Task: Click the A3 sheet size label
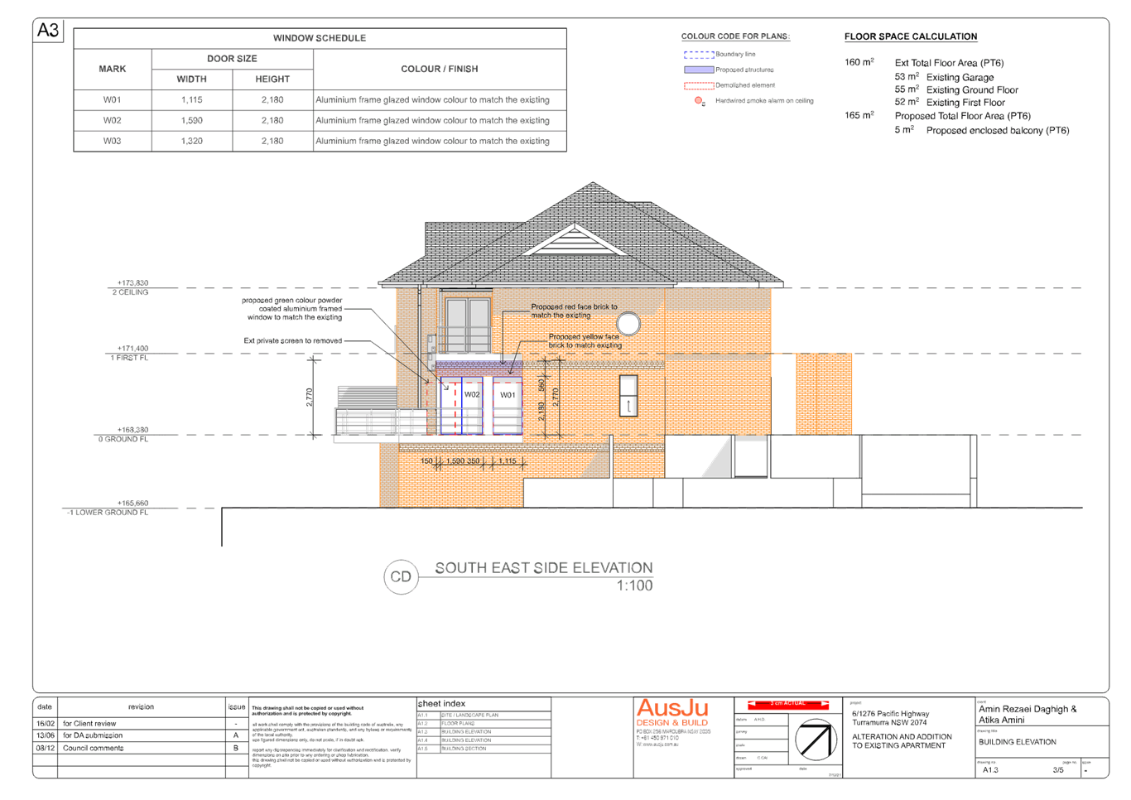click(x=48, y=31)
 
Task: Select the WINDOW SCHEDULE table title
click(x=320, y=38)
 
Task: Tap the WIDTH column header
click(x=191, y=80)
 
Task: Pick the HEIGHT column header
click(x=272, y=80)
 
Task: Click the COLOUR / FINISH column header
click(x=440, y=69)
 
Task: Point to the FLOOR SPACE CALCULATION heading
click(x=911, y=37)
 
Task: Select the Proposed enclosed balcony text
click(x=997, y=131)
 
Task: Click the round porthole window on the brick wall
click(x=628, y=324)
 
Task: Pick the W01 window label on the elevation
click(x=507, y=395)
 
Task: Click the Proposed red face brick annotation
click(x=574, y=311)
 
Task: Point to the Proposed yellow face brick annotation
click(x=584, y=340)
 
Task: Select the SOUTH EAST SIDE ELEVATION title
click(x=543, y=568)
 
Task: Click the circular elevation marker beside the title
click(x=402, y=576)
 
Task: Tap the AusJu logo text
click(x=672, y=709)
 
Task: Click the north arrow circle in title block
click(x=816, y=740)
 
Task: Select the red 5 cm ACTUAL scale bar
click(x=787, y=704)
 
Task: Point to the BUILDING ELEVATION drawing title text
click(x=1017, y=742)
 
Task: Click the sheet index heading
click(x=443, y=704)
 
